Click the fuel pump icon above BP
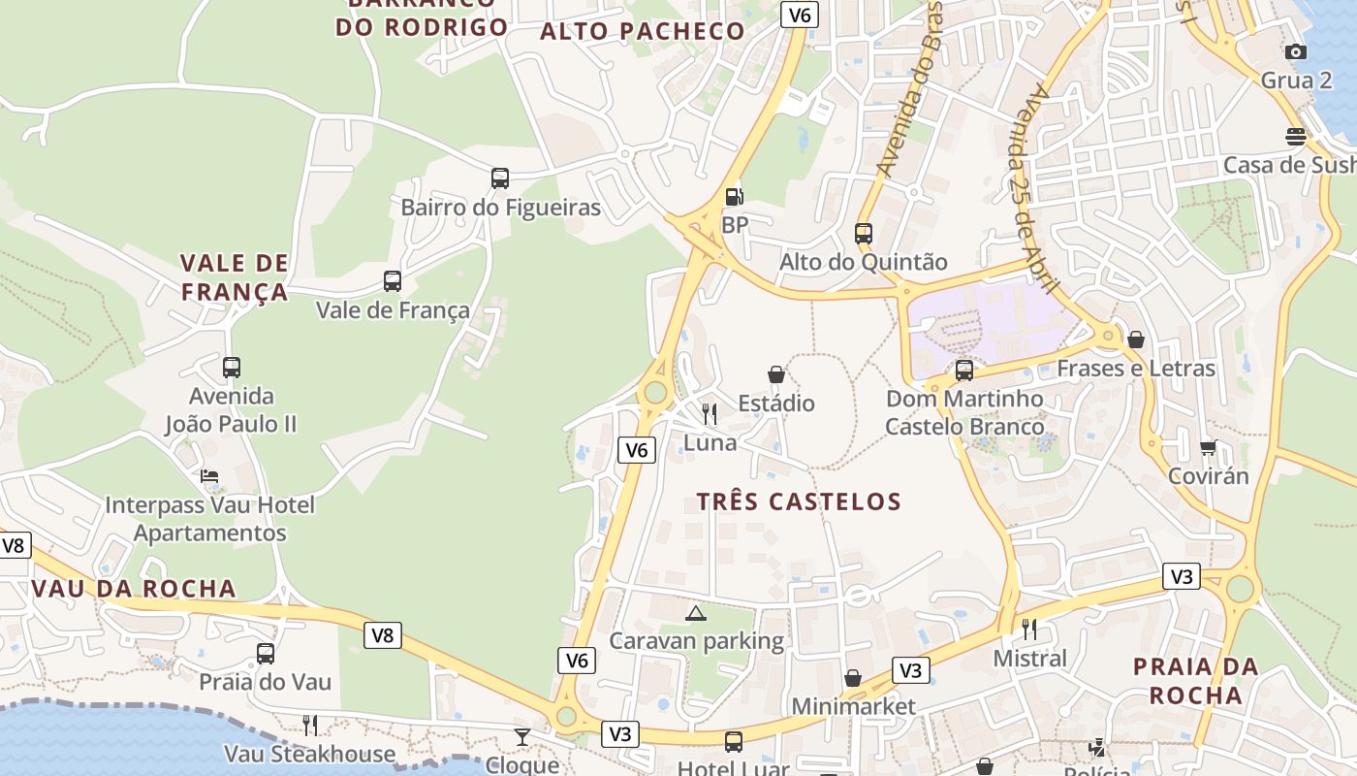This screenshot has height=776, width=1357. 735,197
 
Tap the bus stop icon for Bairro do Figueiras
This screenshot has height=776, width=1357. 500,178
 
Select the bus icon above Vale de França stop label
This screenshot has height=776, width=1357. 393,281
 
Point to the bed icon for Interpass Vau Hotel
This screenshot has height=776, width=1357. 209,476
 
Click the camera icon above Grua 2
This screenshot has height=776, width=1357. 1296,51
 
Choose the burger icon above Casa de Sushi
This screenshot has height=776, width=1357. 1296,137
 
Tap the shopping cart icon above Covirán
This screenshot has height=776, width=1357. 1208,447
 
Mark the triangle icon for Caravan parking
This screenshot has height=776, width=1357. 696,613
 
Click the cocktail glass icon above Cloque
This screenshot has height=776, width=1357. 522,737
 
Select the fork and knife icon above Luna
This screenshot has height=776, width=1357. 710,414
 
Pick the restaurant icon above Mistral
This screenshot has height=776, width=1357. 1029,630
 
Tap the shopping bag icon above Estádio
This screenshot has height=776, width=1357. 776,374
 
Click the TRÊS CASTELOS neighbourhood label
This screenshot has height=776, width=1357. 799,501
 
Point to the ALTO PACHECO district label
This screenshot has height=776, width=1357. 642,31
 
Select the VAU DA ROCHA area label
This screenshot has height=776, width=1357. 134,589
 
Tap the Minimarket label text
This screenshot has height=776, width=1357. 853,706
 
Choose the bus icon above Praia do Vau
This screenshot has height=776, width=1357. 266,654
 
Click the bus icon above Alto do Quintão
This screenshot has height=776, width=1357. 864,234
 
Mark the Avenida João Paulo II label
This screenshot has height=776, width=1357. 231,410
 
